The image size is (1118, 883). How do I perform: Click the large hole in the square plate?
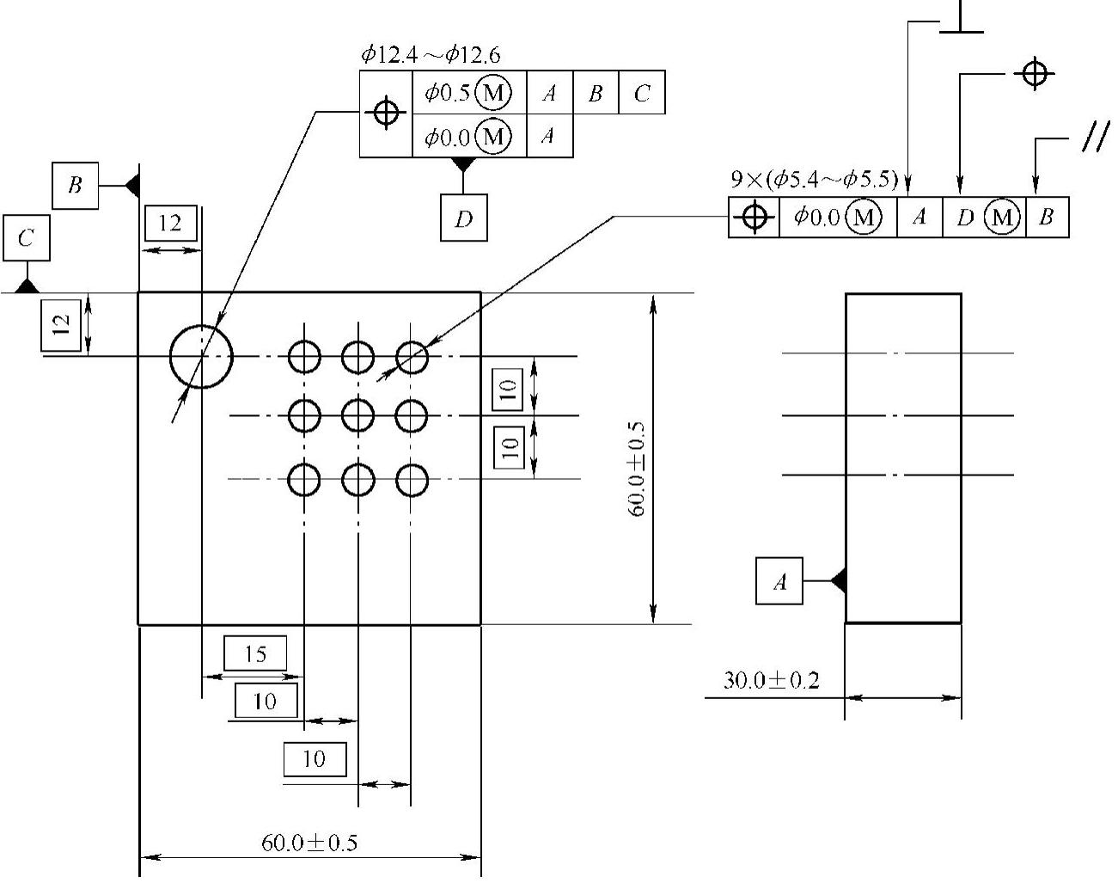[170, 357]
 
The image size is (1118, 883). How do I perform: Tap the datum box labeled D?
[463, 218]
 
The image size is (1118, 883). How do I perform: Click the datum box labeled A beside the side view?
[779, 581]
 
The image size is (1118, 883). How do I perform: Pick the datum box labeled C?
[27, 238]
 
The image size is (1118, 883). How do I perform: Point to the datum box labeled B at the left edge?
[75, 186]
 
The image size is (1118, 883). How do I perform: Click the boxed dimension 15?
[255, 653]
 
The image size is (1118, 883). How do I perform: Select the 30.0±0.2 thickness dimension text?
[771, 680]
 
